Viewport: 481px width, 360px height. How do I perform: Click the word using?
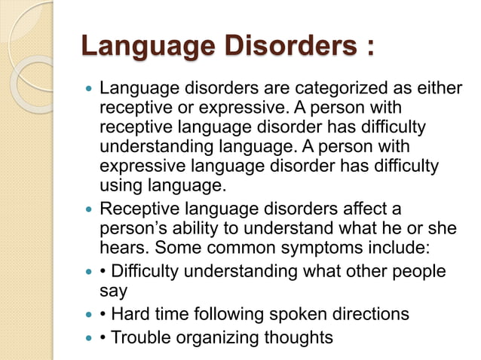[120, 185]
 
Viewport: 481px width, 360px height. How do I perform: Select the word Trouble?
[139, 337]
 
